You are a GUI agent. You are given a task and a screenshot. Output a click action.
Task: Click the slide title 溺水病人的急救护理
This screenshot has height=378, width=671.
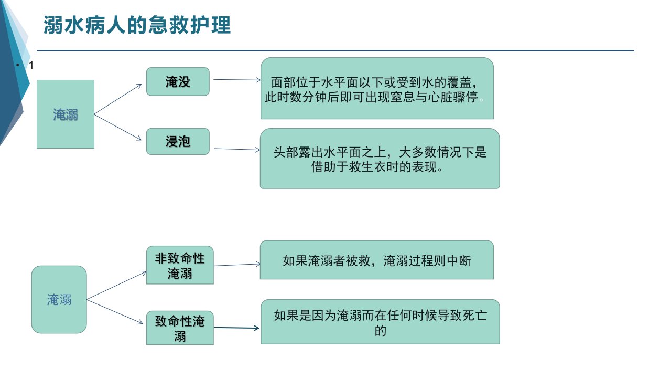tap(137, 25)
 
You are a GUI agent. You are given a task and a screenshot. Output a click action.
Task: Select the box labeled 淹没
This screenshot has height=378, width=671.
tap(178, 81)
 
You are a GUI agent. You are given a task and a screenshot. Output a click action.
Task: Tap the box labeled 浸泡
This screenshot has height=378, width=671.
tap(178, 142)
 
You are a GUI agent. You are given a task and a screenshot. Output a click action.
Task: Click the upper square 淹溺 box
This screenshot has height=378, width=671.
tap(66, 114)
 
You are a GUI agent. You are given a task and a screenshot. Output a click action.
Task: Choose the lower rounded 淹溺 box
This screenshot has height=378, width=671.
tap(59, 299)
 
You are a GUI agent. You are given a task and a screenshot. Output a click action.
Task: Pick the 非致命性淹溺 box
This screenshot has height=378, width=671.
tap(180, 265)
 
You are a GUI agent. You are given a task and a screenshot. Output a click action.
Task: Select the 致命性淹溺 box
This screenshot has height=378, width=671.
tap(180, 328)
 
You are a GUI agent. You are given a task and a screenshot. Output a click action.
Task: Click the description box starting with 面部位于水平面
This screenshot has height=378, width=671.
tap(377, 88)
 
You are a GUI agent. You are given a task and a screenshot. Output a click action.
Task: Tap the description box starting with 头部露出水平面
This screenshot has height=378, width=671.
tap(380, 159)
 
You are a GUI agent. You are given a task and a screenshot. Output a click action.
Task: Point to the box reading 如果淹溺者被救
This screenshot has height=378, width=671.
tap(377, 260)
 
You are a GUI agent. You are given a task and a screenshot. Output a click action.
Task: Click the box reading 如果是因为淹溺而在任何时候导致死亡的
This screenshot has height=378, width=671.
tap(380, 322)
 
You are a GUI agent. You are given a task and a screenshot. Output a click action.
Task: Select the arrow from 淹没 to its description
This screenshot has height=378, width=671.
tap(237, 80)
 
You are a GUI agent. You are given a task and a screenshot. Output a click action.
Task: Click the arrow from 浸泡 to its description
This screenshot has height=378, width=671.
tap(237, 149)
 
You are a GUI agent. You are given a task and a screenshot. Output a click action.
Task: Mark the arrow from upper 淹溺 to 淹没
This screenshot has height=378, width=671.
tap(118, 99)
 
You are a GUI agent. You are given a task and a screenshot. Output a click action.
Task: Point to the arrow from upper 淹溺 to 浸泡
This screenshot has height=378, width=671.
tap(118, 127)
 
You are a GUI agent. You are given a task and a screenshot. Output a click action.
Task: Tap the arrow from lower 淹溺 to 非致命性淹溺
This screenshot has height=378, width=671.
tap(116, 285)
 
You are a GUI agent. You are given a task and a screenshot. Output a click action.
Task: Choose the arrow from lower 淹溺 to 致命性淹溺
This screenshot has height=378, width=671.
tap(115, 312)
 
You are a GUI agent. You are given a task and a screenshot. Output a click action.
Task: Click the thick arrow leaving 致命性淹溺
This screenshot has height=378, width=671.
tap(236, 328)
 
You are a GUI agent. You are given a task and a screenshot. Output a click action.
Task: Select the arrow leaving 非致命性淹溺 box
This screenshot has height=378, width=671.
tap(237, 265)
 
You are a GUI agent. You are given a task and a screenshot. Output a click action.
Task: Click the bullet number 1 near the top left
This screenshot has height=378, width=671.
tap(31, 65)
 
